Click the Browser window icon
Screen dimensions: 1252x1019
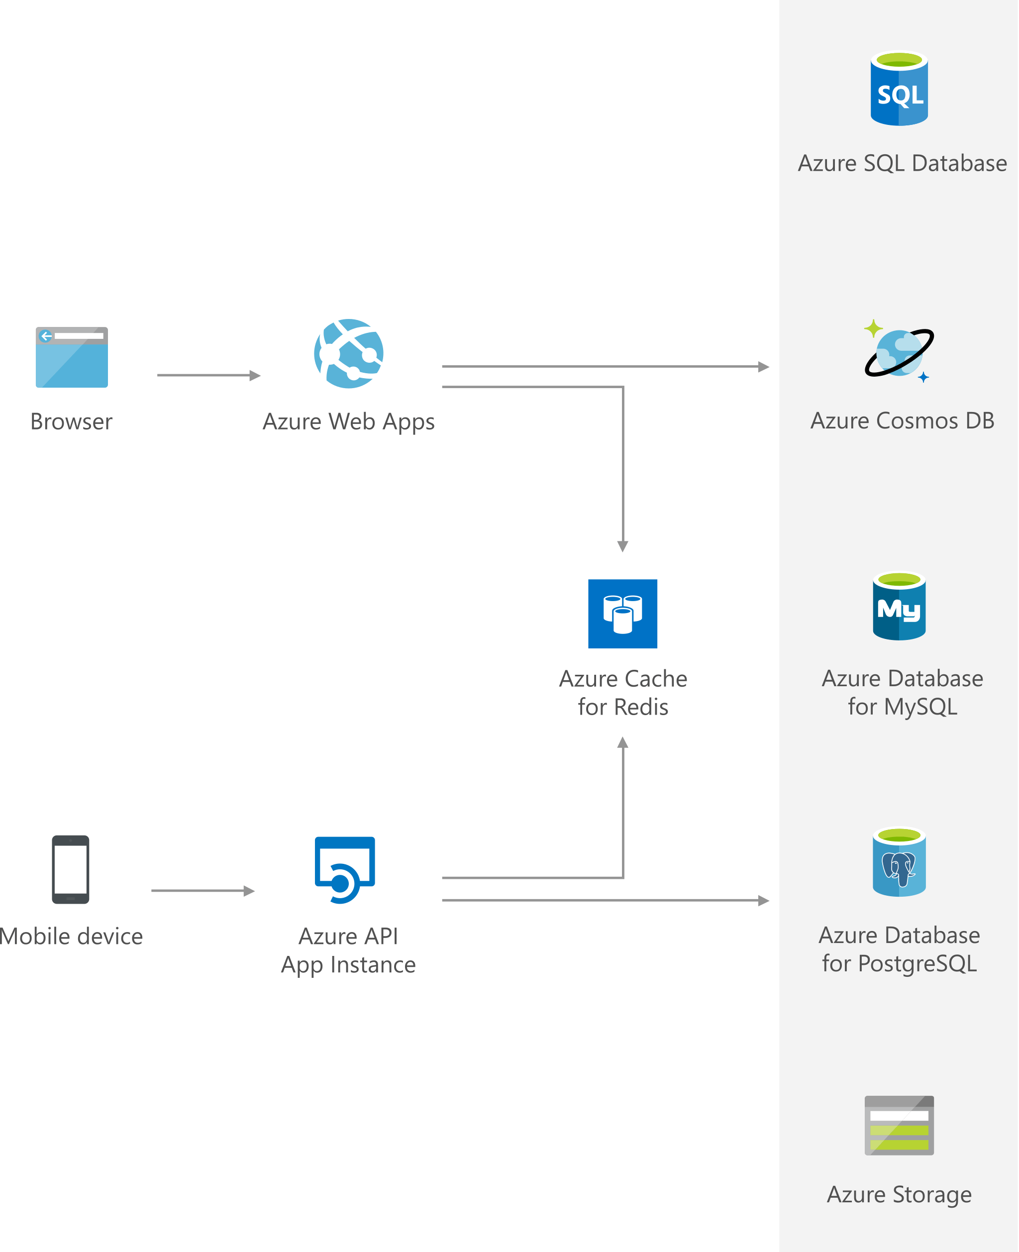(x=72, y=357)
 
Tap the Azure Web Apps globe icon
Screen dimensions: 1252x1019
(x=349, y=353)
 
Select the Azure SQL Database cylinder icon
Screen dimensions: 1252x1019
(x=899, y=89)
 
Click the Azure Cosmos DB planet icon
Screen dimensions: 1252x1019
(x=899, y=352)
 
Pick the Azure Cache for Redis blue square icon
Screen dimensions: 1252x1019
(x=622, y=614)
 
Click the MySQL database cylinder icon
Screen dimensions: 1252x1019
(x=899, y=606)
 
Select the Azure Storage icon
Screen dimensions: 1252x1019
(x=899, y=1125)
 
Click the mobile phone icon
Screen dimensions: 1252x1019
(x=71, y=869)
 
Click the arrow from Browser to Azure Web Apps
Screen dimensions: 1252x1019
(x=208, y=375)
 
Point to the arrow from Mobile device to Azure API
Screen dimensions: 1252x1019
(x=203, y=890)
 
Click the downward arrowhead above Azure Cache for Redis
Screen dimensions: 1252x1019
(x=623, y=546)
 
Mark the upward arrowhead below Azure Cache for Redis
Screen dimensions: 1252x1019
(x=623, y=742)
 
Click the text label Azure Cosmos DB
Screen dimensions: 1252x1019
(x=902, y=420)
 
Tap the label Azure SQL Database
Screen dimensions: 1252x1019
(x=902, y=163)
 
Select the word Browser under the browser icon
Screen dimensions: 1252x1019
(x=71, y=421)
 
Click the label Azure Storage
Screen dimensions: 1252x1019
(x=899, y=1194)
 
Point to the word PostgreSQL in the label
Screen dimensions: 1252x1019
(x=917, y=964)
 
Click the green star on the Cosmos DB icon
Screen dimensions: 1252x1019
(x=873, y=328)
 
